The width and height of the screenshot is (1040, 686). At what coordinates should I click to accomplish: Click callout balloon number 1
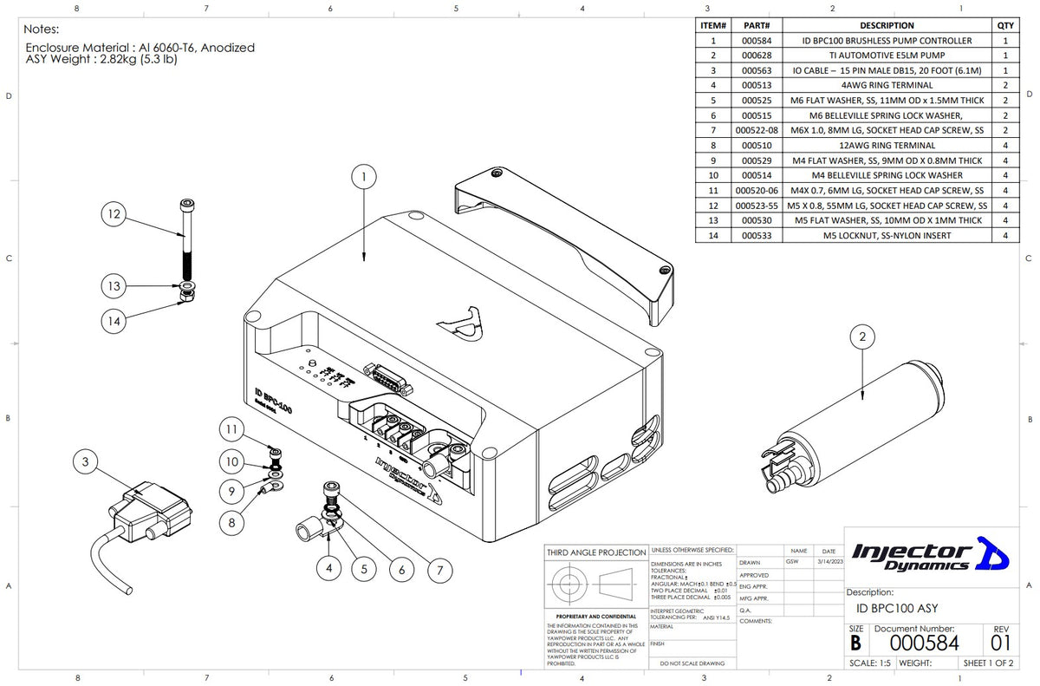click(365, 176)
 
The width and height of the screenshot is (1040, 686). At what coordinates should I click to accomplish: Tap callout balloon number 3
click(85, 462)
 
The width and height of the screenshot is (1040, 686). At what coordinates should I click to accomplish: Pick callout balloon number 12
click(114, 213)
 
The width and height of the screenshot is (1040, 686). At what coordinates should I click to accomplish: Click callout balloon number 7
click(440, 570)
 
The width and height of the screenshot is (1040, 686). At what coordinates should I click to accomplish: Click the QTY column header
click(1005, 25)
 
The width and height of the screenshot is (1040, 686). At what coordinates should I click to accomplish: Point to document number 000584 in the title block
click(925, 643)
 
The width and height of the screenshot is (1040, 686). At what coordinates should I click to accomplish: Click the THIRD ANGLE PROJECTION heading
click(595, 552)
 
